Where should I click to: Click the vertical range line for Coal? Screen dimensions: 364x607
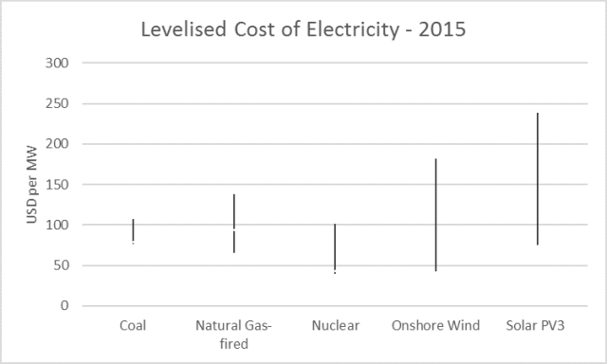pos(133,231)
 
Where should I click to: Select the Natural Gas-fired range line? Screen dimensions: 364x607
pos(234,223)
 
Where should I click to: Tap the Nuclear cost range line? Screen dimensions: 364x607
pos(335,248)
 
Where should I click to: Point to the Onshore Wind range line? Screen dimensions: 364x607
pos(436,215)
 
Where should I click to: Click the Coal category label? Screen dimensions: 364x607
pos(133,326)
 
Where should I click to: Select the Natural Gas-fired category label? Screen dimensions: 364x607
pos(233,335)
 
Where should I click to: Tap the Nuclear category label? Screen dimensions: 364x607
pos(335,326)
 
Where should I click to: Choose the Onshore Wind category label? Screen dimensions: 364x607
pos(436,326)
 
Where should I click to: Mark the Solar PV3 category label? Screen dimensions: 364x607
pos(537,326)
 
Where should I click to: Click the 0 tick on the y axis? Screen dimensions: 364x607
pos(64,306)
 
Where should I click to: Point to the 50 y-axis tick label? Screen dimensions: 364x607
pos(60,265)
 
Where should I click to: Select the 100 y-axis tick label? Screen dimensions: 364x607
pos(56,226)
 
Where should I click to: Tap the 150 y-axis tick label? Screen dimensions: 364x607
pos(56,185)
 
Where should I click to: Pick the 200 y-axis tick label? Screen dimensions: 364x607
pos(56,144)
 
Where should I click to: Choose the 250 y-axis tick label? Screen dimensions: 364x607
pos(56,103)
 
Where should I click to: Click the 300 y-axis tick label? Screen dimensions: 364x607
pos(56,64)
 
